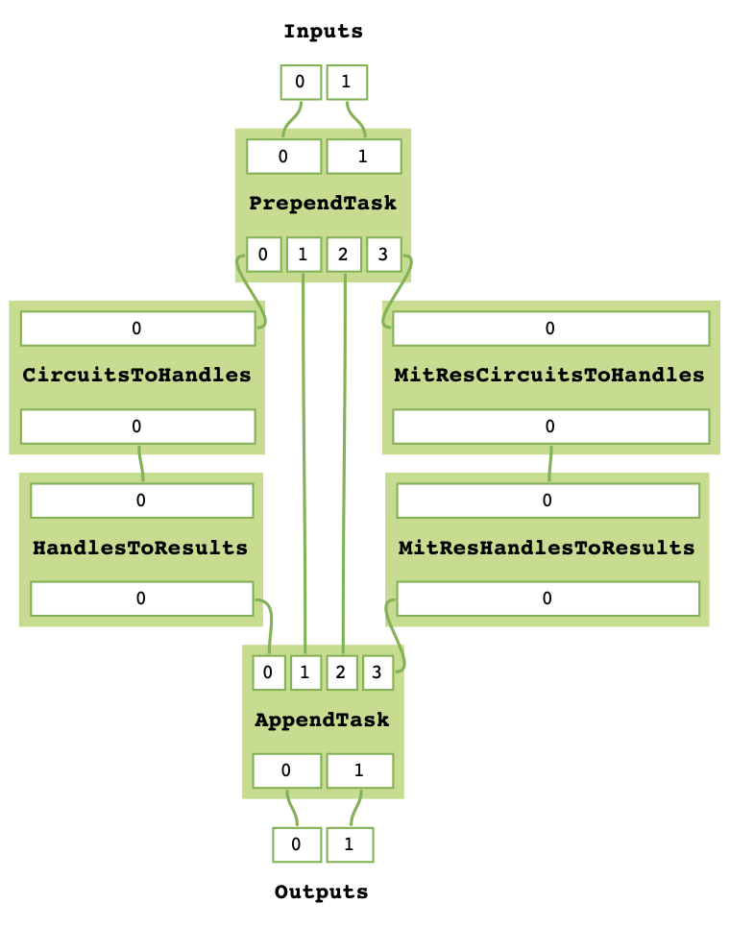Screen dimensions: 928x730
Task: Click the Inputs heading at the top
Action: [323, 32]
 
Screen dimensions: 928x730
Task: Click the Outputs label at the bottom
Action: [321, 892]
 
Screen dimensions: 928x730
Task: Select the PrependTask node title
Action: [323, 204]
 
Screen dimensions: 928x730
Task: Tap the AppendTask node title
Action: [322, 720]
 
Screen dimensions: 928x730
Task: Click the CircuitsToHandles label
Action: [136, 375]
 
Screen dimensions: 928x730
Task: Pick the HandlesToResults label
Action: [140, 549]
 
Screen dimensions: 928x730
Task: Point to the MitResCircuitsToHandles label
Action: [549, 375]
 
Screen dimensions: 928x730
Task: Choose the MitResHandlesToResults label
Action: [547, 549]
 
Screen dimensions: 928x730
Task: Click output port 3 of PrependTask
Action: [383, 255]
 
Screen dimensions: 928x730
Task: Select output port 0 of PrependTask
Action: [264, 255]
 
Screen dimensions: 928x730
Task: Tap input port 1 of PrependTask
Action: [363, 156]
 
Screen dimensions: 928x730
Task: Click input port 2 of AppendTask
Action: [341, 672]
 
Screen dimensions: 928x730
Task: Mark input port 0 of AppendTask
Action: [269, 672]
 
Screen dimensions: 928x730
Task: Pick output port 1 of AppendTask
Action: [359, 770]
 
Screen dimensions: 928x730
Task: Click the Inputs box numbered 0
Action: [300, 82]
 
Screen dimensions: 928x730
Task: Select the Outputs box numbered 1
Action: [350, 845]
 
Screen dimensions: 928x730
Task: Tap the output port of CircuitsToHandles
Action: [137, 426]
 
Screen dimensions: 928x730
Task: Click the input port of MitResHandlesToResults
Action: [547, 501]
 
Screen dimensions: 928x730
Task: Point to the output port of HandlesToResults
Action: [141, 598]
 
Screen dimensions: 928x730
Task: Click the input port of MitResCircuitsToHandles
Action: [549, 329]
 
